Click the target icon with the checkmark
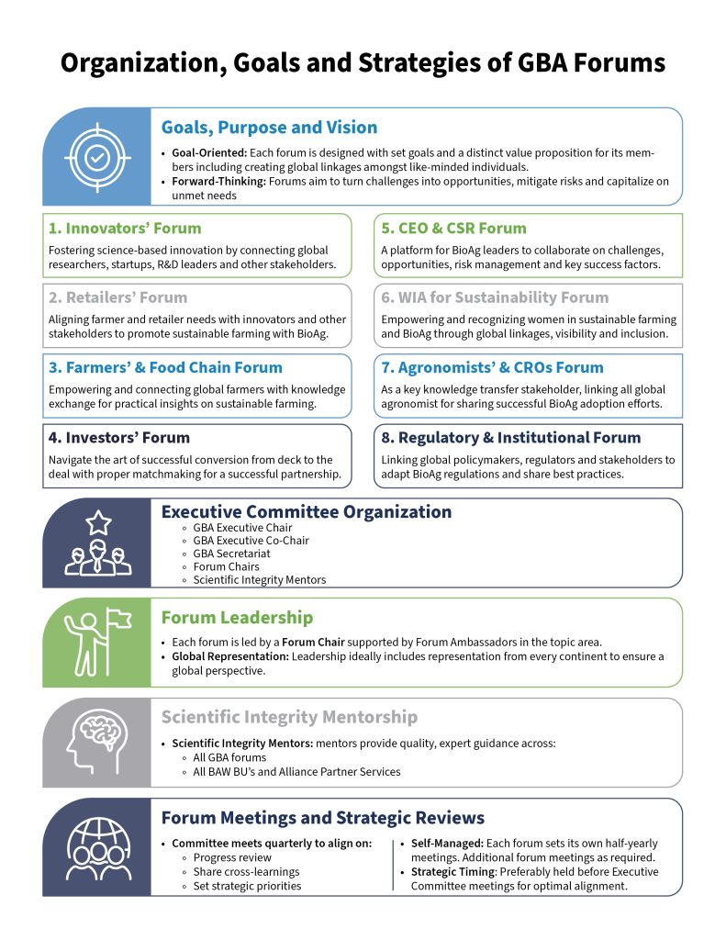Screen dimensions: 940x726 tap(96, 157)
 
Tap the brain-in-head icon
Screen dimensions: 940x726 tap(96, 743)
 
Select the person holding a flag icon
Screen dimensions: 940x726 tap(96, 642)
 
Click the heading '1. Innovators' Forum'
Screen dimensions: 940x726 tap(125, 228)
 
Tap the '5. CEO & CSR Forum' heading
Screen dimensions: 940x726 tap(453, 228)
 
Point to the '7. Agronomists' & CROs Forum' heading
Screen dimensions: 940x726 tap(492, 367)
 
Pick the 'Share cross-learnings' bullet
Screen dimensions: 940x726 tap(246, 872)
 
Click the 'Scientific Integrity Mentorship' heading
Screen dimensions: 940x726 tap(289, 717)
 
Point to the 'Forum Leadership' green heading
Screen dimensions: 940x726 tap(237, 618)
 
